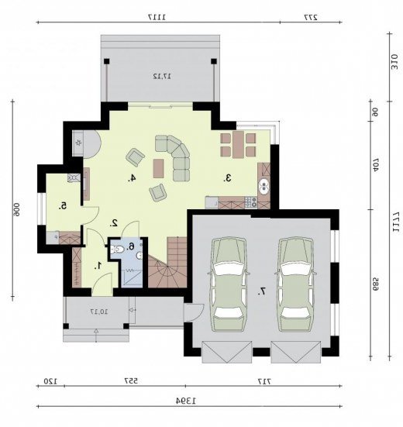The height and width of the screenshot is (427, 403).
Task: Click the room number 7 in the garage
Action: tap(262, 291)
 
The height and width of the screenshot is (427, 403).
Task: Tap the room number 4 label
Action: tap(132, 178)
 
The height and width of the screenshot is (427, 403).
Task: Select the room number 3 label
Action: tap(228, 178)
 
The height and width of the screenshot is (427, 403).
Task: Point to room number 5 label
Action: tap(63, 206)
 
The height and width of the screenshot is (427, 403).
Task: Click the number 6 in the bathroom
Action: tap(131, 246)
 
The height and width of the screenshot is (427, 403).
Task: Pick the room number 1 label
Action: tap(98, 265)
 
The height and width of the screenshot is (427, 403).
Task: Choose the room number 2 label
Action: tap(114, 223)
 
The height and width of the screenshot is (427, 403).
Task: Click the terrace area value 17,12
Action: tap(162, 76)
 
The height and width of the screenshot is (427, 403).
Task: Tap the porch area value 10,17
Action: tap(99, 312)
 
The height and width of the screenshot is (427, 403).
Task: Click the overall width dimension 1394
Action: tap(186, 401)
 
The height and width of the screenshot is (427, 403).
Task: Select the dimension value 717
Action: tap(265, 381)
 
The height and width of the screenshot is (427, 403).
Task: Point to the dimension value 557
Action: tap(131, 381)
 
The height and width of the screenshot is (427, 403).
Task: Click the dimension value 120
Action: tap(50, 381)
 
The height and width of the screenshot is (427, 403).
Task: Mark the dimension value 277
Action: tap(311, 17)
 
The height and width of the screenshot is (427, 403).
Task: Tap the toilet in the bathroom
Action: tap(117, 249)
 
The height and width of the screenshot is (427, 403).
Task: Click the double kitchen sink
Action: tap(263, 186)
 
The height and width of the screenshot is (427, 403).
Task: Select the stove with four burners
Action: tap(251, 202)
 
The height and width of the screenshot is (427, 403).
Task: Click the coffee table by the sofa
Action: tap(158, 169)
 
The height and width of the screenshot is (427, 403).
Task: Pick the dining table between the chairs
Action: tap(238, 145)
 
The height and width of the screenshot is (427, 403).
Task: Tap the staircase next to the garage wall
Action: tap(167, 262)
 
